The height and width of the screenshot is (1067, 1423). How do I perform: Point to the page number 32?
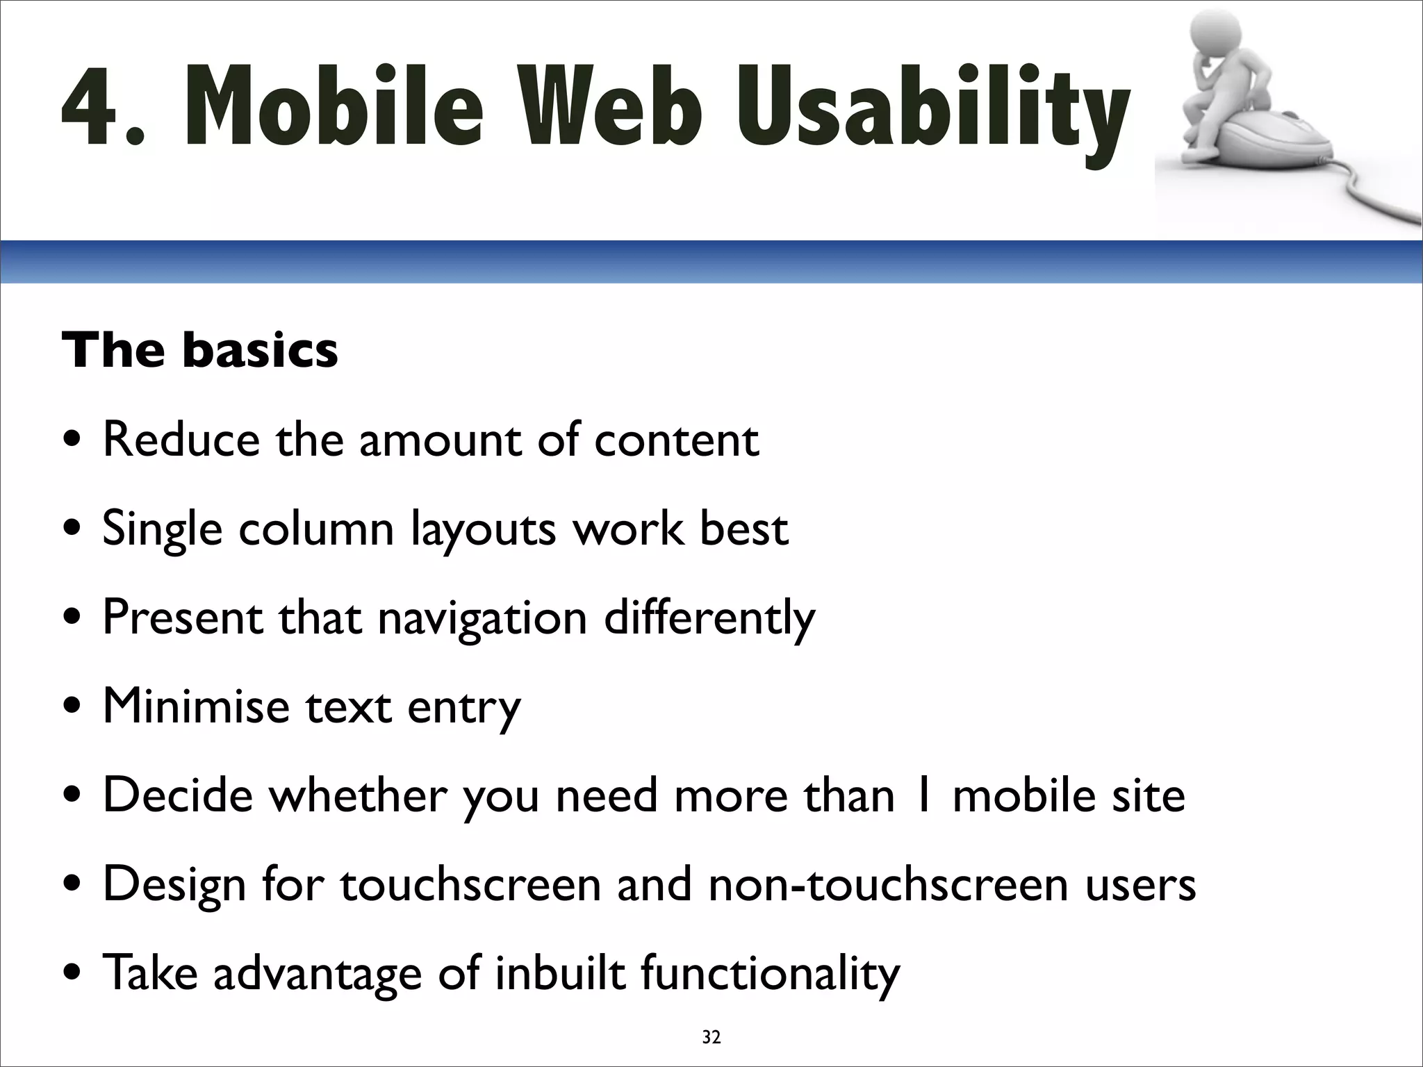coord(711,1038)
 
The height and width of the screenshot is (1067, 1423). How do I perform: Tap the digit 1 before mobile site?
coord(923,795)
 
